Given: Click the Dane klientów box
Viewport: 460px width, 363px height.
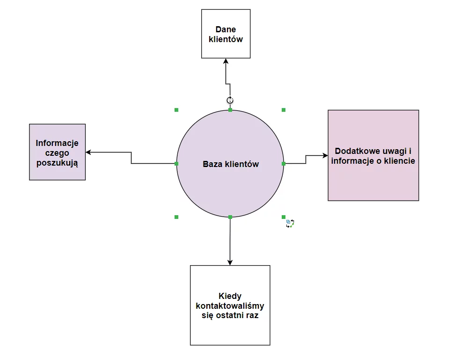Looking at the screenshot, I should [226, 34].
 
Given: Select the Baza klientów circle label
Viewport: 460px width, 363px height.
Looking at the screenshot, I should [230, 164].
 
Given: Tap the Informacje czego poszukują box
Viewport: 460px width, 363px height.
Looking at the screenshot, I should [57, 152].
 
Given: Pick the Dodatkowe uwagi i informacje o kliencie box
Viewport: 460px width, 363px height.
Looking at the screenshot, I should [373, 155].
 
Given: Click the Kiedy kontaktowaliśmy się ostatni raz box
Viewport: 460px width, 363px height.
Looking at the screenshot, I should [230, 305].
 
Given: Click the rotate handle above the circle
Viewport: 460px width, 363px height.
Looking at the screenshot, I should [230, 100].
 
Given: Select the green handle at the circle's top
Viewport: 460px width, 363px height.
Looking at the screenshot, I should [230, 110].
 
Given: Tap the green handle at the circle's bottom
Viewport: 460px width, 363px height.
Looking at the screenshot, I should [230, 217].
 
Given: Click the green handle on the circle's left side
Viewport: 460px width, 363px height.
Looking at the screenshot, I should [176, 164].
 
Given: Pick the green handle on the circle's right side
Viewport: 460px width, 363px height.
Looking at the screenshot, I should [284, 164].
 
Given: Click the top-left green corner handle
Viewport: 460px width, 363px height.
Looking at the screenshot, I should [176, 110].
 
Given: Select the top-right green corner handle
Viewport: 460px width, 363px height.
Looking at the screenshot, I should [284, 110].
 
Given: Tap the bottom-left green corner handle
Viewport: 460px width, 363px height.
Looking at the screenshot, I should [176, 217].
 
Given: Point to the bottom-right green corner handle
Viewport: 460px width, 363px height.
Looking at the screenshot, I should [284, 217].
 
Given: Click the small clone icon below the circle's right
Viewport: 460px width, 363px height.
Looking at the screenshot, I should [290, 224].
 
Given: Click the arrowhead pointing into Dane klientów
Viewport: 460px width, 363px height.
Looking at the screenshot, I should [226, 61].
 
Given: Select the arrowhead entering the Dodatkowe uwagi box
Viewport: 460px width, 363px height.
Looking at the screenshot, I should [325, 155].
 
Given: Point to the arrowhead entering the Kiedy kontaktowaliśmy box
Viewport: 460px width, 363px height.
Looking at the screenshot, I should [230, 262].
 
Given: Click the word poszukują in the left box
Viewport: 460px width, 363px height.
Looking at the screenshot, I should [57, 163].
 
